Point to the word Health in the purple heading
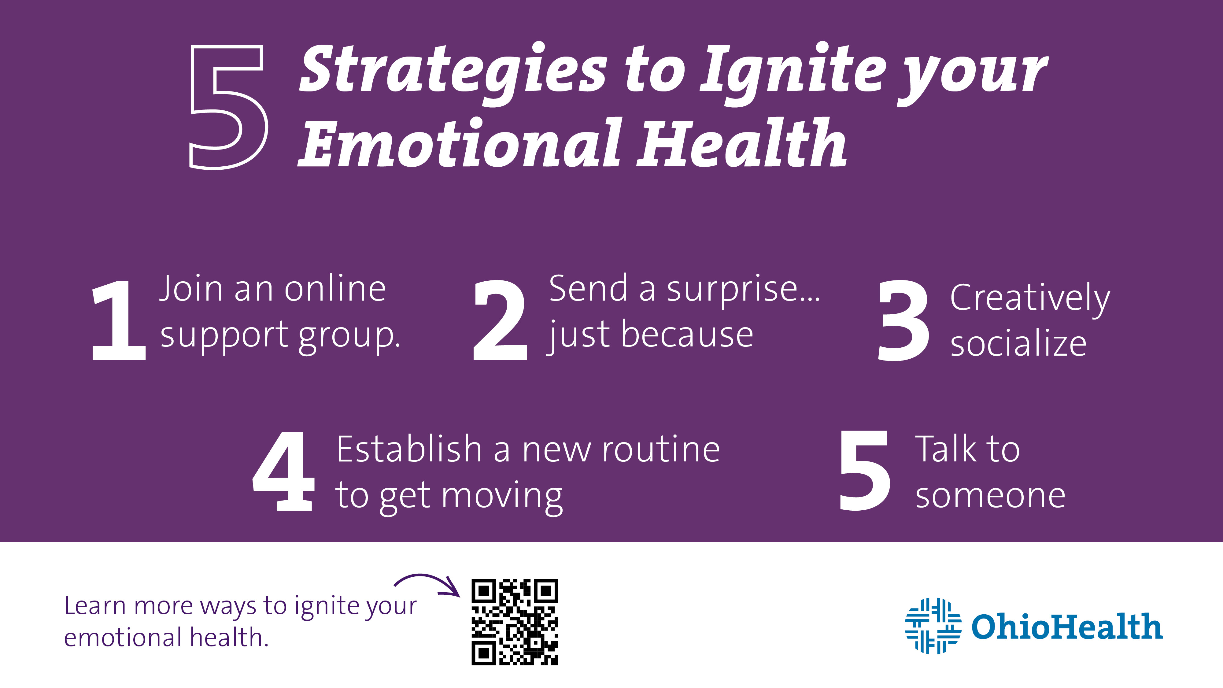point(741,142)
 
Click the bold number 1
point(119,320)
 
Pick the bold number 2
point(500,320)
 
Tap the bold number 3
point(903,320)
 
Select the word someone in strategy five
point(990,496)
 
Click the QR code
point(515,622)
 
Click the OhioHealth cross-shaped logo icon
point(933,626)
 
